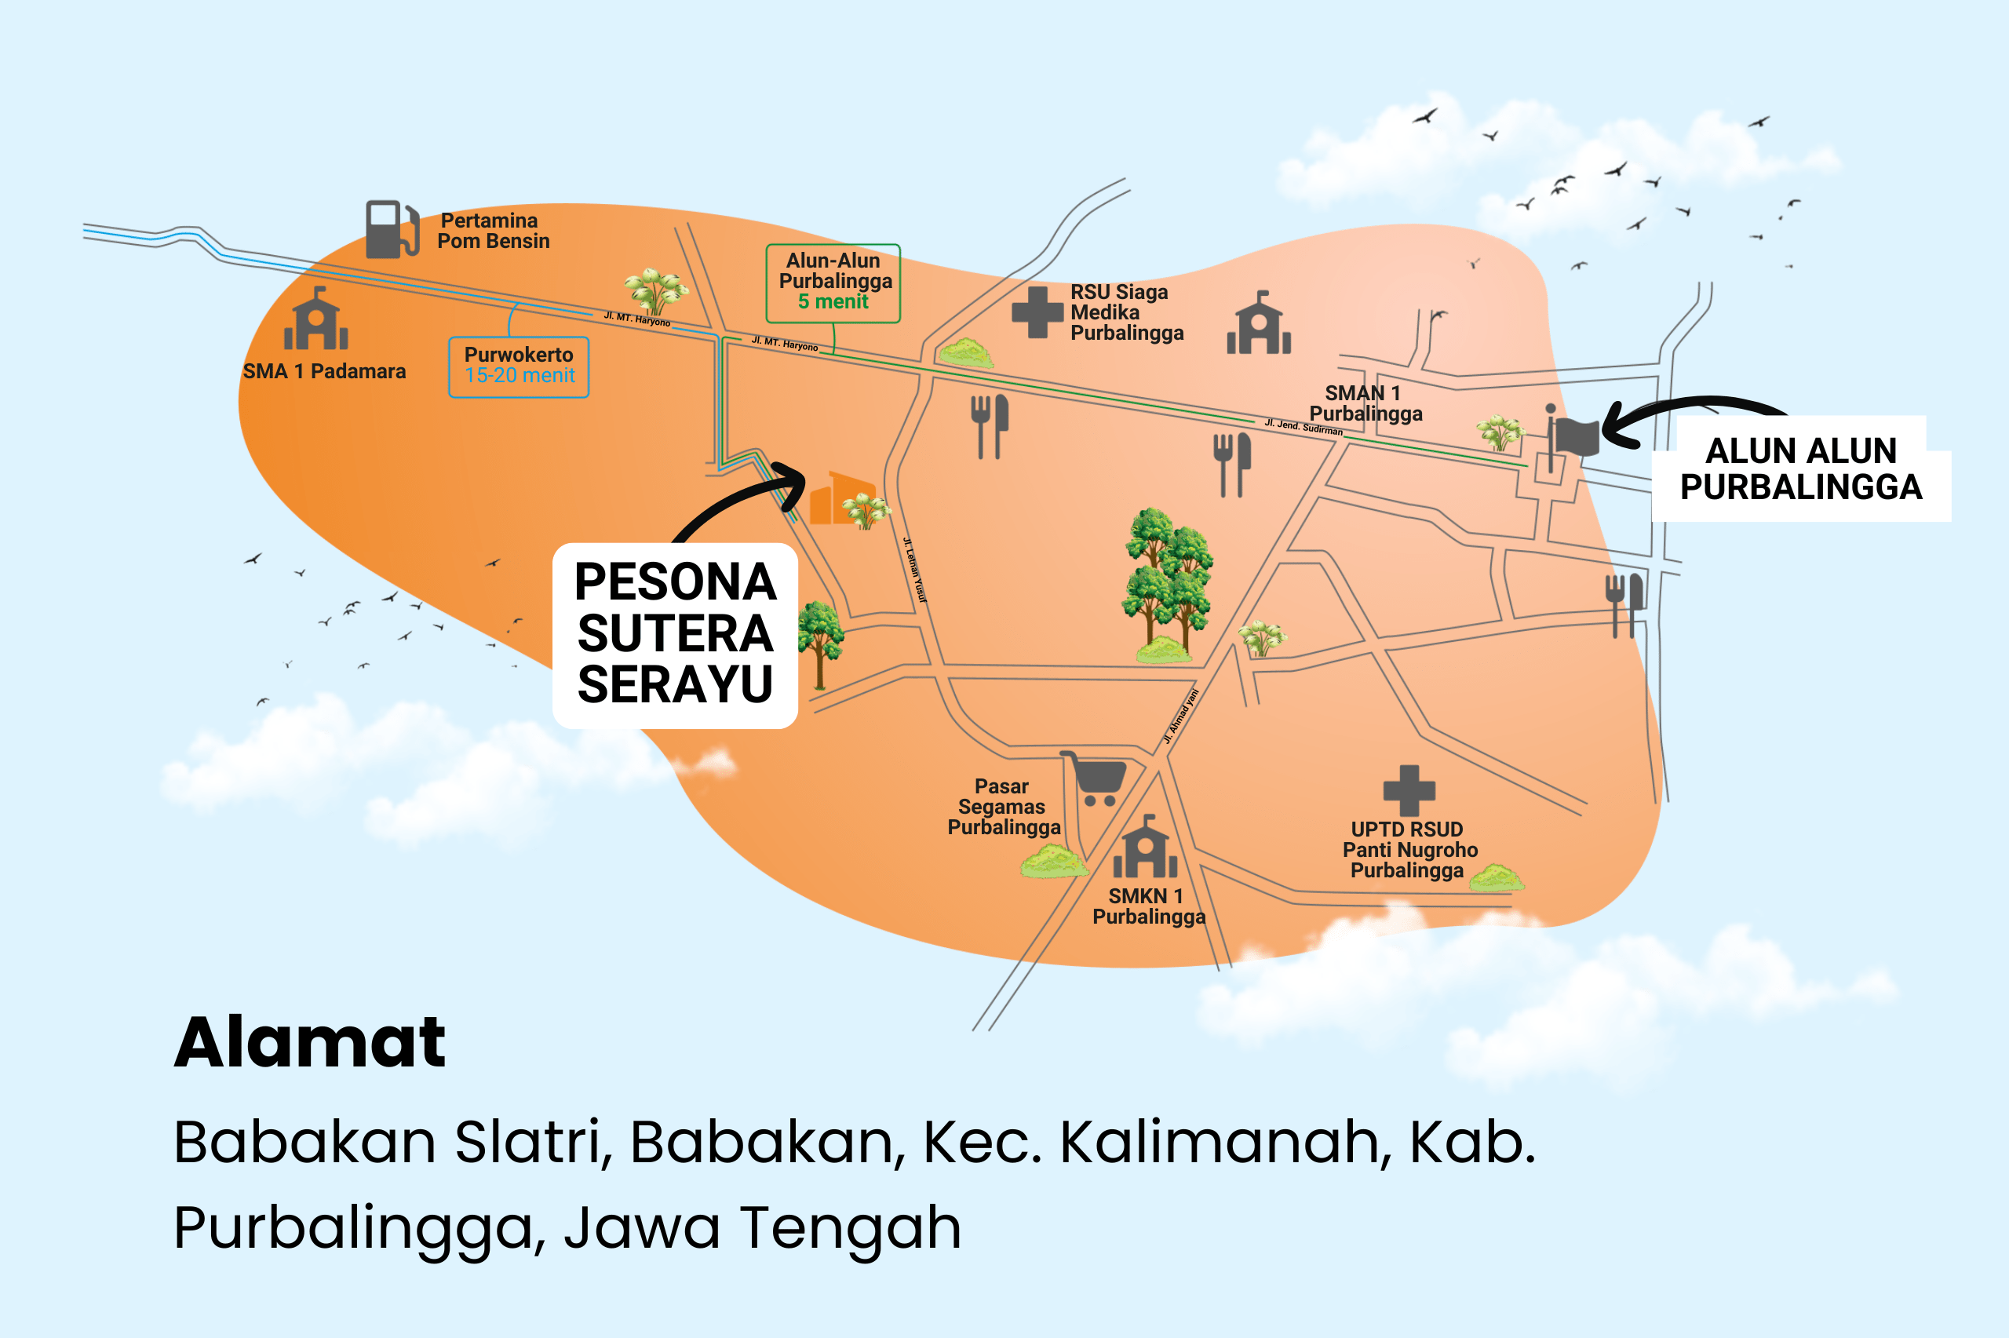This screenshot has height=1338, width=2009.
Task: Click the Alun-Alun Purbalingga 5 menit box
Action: (833, 283)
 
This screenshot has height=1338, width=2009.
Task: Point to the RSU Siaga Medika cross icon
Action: (1037, 312)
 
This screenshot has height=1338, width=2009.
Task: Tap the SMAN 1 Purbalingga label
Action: (1365, 403)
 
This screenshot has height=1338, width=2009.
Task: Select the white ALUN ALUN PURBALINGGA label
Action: (1800, 468)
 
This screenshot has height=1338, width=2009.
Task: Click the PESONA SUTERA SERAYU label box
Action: (675, 634)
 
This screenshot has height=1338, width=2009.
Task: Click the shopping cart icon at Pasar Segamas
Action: (1095, 778)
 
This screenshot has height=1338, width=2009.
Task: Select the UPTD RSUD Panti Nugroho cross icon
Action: (1409, 790)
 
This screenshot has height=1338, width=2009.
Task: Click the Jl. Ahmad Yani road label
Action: (1182, 716)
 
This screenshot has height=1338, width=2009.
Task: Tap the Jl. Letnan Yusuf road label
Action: (913, 569)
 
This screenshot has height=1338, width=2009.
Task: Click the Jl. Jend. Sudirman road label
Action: (1303, 427)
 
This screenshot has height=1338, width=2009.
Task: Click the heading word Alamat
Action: (310, 1042)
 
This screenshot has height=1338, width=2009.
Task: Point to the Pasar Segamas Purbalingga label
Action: (1003, 807)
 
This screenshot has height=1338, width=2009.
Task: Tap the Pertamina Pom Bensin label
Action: (492, 232)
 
